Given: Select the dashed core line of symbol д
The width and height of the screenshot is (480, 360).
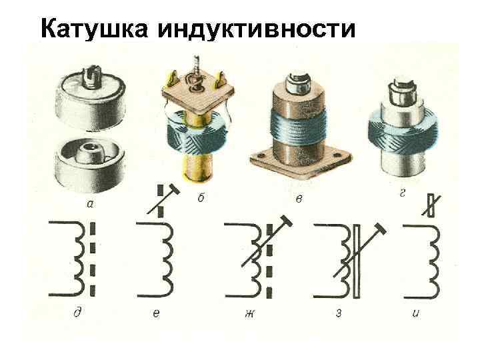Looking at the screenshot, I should tap(93, 260).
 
